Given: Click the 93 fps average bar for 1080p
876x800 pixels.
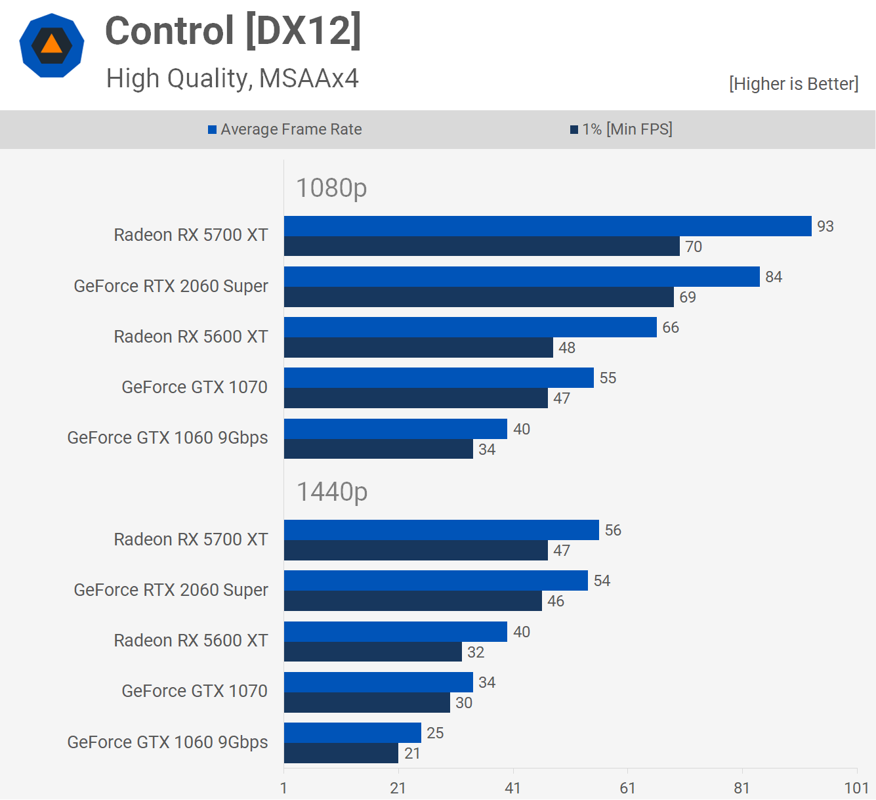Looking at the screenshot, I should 547,226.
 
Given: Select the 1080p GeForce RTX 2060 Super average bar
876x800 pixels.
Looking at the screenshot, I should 522,276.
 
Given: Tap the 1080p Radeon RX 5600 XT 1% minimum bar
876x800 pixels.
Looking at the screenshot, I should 418,348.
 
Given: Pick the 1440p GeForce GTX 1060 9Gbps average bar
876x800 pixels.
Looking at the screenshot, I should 352,732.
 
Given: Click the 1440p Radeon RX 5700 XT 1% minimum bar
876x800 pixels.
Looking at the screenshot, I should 415,551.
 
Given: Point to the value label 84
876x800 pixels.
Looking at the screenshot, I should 774,277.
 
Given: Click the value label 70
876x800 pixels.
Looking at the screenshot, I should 694,247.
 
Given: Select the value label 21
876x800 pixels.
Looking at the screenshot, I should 412,753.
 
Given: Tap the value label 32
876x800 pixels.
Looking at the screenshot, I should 476,652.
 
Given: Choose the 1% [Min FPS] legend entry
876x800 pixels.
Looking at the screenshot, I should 621,129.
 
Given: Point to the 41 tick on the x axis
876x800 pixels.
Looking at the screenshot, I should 512,788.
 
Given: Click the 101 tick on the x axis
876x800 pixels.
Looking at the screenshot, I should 856,788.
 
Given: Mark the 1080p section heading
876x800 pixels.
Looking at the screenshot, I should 331,188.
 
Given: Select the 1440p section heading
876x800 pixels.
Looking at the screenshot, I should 332,492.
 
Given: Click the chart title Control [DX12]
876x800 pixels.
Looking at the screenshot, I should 233,31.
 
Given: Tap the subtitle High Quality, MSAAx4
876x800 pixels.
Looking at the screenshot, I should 232,79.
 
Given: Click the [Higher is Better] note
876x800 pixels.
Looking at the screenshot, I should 793,84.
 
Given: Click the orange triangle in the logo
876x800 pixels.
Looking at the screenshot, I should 52,45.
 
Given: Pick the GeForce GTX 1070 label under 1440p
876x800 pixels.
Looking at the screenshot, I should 194,691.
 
